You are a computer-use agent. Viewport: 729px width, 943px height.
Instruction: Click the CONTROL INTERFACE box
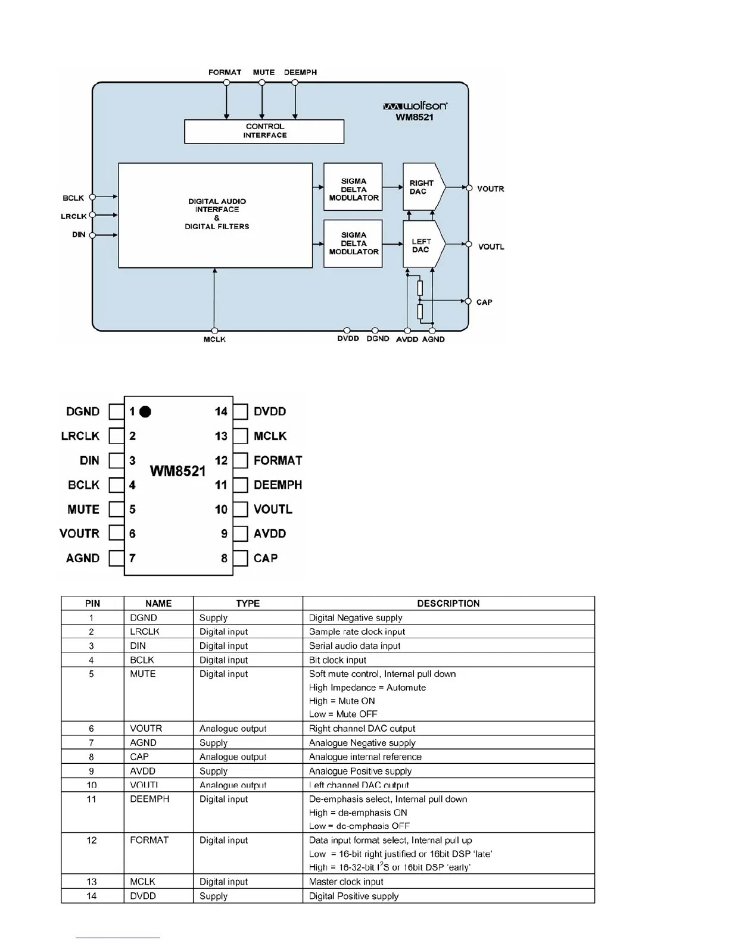tap(264, 131)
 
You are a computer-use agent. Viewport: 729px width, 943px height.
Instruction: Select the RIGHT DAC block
tap(422, 187)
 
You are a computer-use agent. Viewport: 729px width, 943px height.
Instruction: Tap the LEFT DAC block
tap(422, 245)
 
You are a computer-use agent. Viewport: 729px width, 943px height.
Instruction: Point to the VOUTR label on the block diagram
tap(490, 189)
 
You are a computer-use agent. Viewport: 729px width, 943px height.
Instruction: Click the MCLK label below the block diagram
tap(214, 339)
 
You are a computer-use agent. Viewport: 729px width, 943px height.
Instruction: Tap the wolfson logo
tap(415, 106)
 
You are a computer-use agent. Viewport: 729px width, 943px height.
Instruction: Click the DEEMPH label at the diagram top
tap(300, 72)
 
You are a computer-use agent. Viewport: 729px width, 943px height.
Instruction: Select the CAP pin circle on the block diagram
tap(468, 301)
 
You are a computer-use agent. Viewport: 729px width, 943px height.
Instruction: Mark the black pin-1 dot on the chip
tap(145, 411)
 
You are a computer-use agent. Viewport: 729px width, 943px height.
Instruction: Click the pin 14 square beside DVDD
tap(241, 411)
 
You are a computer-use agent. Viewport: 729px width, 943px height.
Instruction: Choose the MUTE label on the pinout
tap(83, 509)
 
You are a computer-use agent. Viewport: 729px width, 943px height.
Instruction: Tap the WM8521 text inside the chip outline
tap(177, 471)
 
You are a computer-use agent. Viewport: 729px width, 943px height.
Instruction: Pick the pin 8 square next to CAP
tap(241, 558)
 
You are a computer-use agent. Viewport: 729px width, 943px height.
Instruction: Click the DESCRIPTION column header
tap(448, 603)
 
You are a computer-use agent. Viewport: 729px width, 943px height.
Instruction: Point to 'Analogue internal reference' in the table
tap(365, 757)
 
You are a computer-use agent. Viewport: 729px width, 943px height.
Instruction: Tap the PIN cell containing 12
tap(92, 840)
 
